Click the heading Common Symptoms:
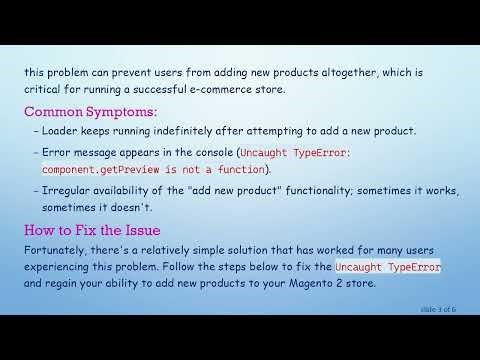pos(91,111)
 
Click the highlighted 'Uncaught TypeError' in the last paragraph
pos(388,268)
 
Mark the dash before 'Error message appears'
pos(36,153)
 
